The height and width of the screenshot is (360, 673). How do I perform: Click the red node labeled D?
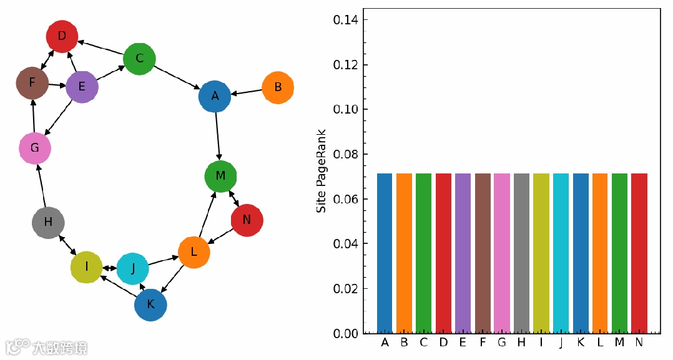pos(62,36)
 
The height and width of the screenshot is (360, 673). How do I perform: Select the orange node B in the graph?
pos(278,87)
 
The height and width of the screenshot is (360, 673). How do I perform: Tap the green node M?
pos(220,176)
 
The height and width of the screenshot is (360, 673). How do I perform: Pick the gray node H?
pos(48,222)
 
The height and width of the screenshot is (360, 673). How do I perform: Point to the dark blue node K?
pos(150,305)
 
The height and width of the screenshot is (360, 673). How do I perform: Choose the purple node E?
pos(82,87)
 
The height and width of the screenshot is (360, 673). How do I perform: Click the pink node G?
pos(35,148)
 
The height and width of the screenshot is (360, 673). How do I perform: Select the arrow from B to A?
pos(247,92)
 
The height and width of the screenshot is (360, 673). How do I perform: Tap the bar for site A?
pos(385,253)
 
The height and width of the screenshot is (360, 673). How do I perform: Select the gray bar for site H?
pos(521,253)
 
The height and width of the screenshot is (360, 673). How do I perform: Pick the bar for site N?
pos(639,253)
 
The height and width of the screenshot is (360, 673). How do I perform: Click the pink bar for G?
pos(502,253)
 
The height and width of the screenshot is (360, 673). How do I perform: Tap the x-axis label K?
pos(580,343)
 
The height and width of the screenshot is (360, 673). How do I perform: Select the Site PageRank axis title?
pos(322,171)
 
